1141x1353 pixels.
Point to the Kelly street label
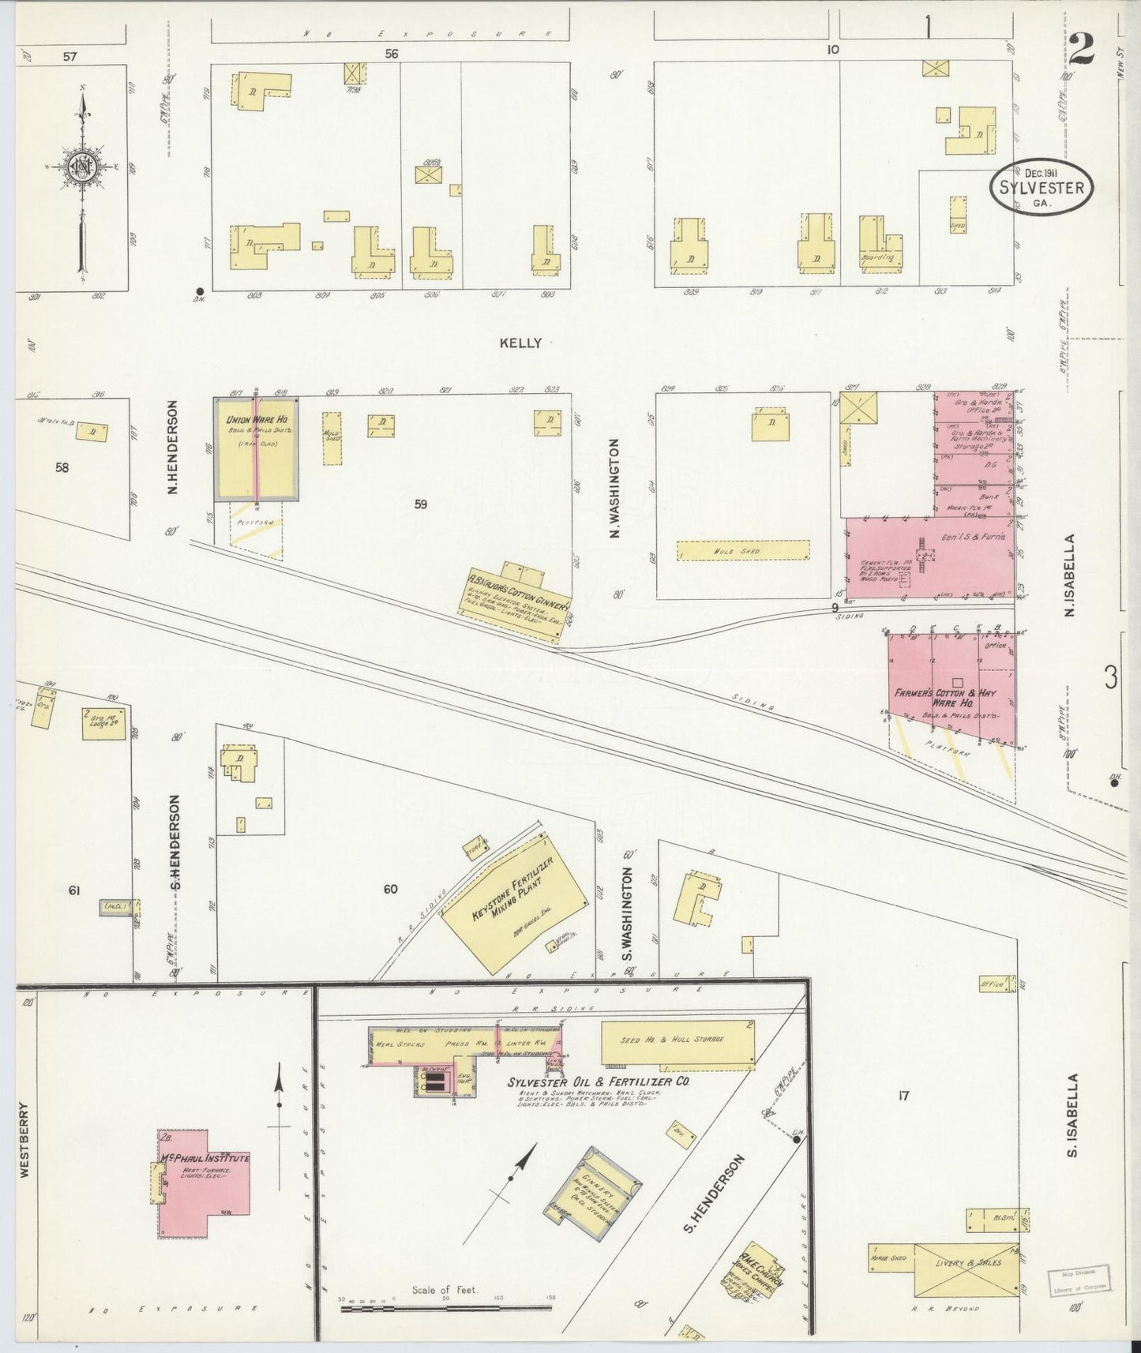(520, 343)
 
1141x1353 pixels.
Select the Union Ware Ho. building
(257, 448)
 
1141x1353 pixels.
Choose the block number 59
(420, 504)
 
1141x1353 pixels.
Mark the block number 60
(390, 889)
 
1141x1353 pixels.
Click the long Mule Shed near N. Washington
(743, 550)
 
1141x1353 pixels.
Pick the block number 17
(904, 1095)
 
